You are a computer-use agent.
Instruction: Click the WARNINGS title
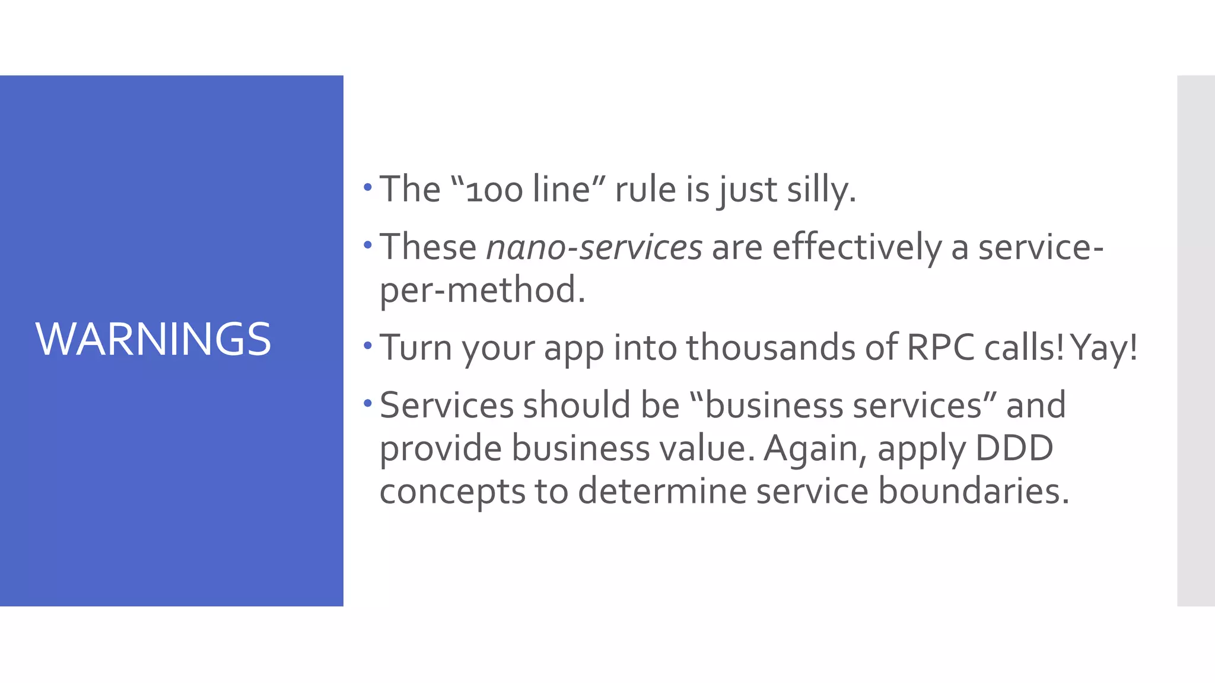click(x=153, y=339)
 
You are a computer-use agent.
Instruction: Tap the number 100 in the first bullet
click(x=494, y=191)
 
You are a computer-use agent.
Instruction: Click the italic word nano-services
click(x=594, y=247)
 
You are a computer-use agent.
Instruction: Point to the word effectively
click(x=857, y=247)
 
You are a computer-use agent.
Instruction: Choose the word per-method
click(x=482, y=290)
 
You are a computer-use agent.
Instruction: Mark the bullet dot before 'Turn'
click(x=368, y=346)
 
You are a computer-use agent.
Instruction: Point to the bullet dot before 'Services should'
click(x=368, y=404)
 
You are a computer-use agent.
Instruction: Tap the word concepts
click(x=452, y=492)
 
